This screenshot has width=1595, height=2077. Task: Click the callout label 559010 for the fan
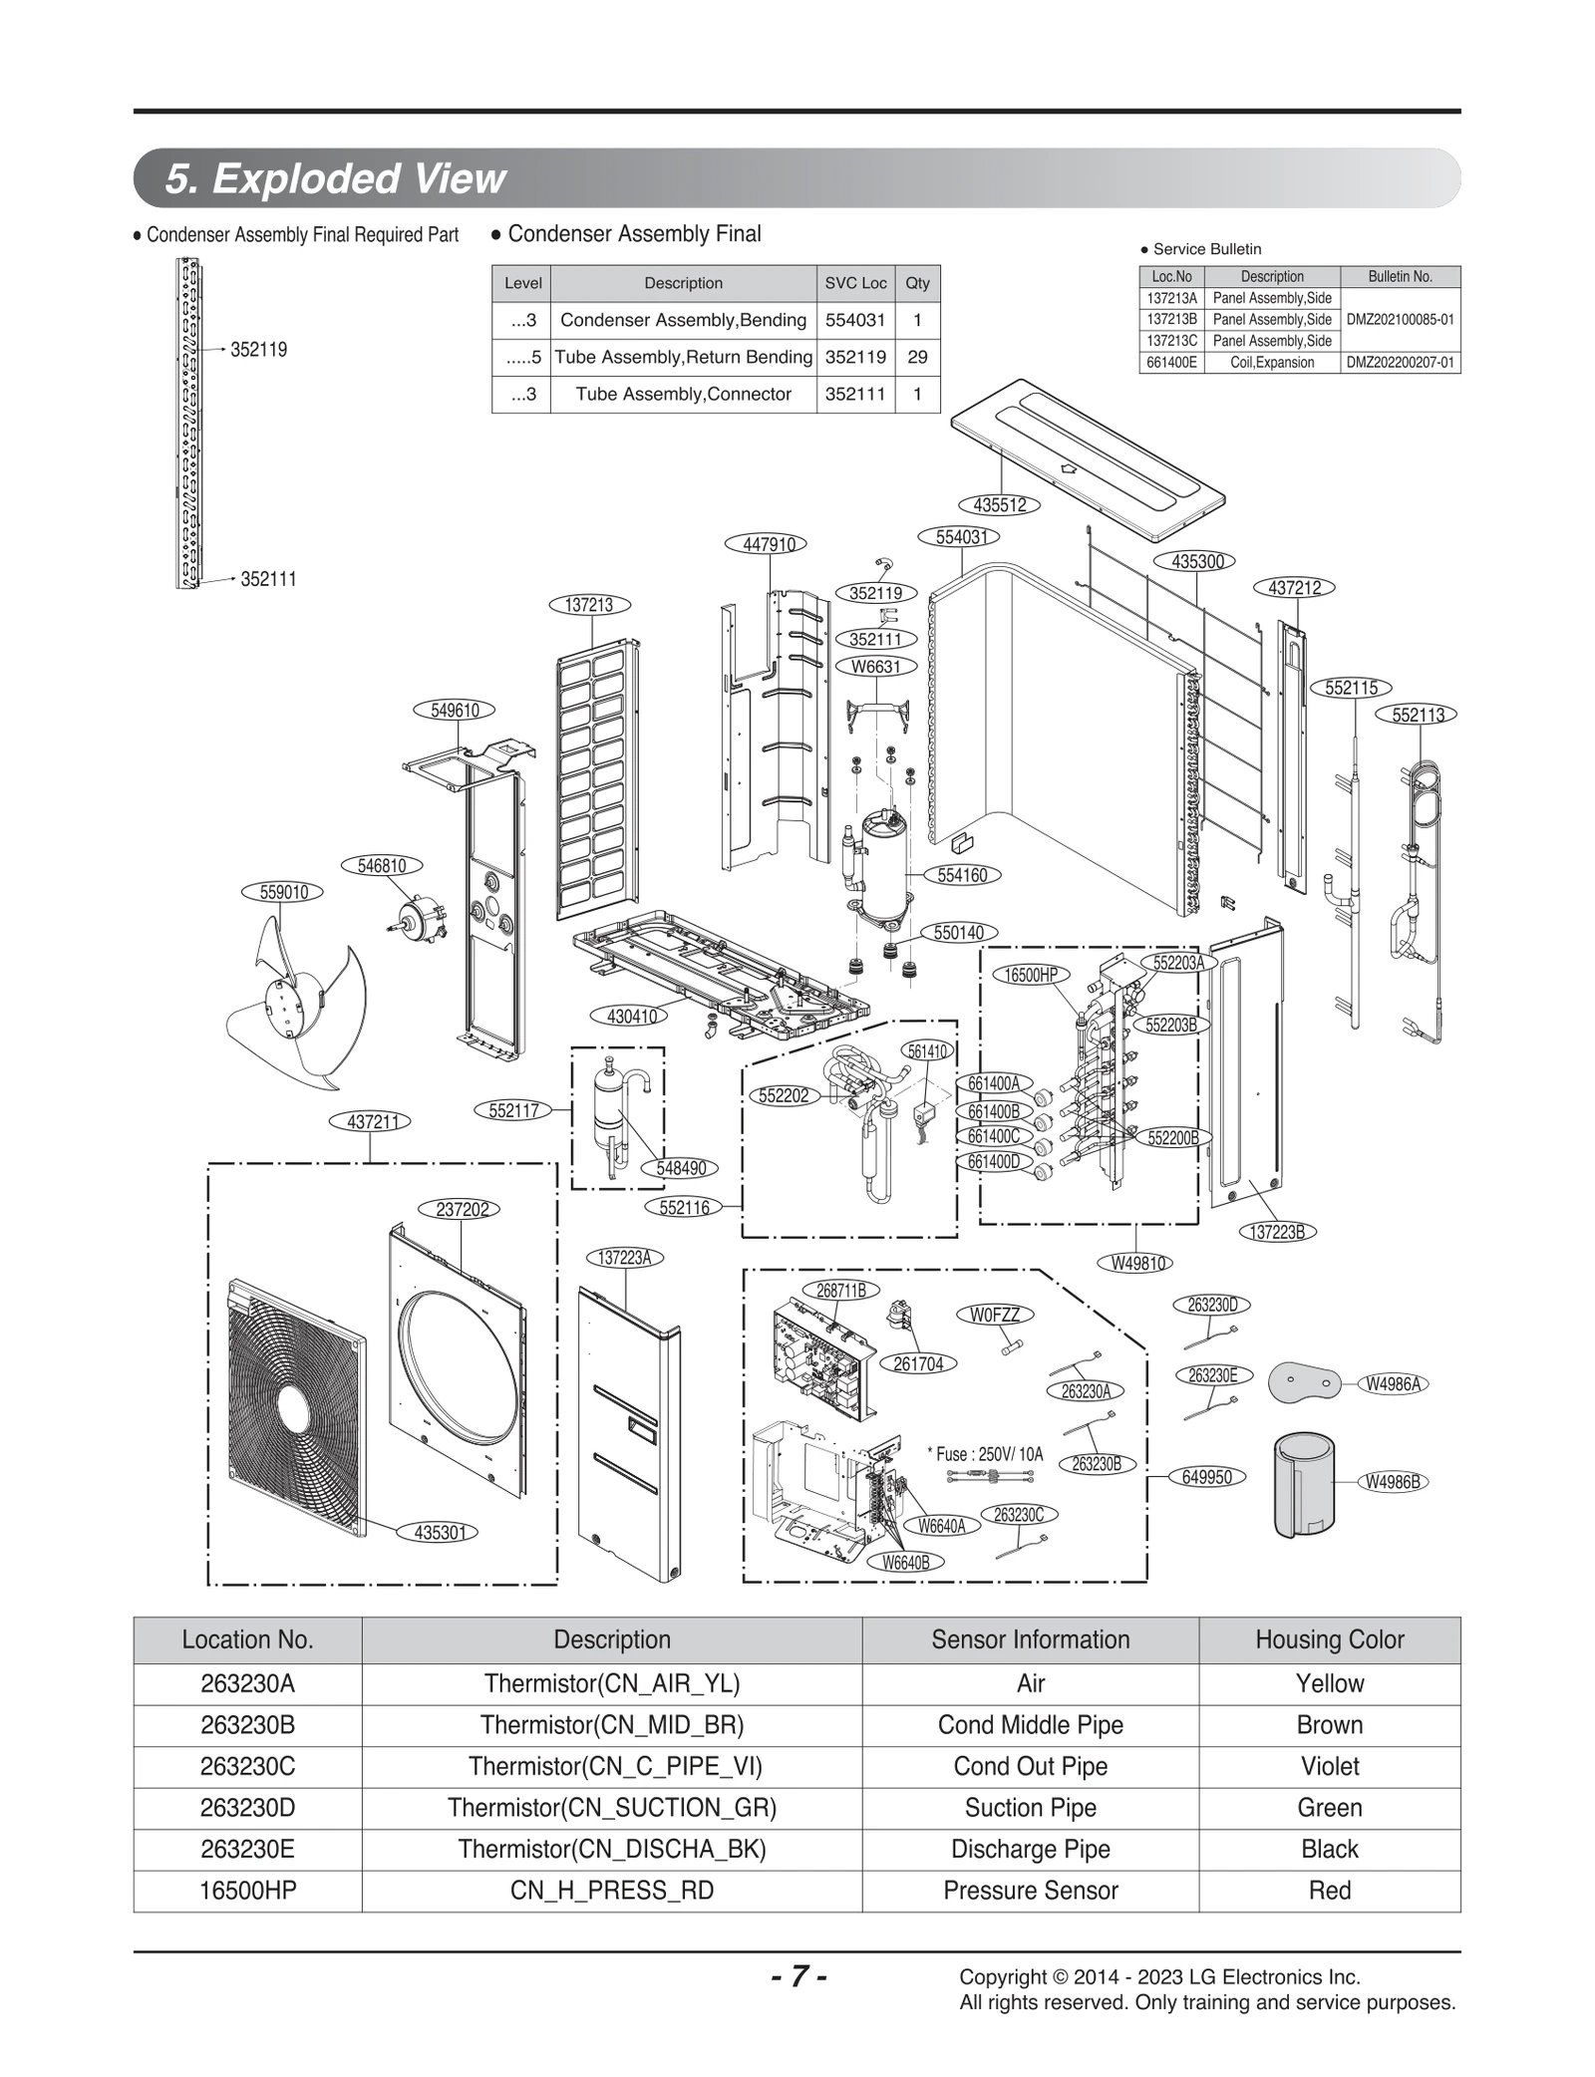click(x=284, y=892)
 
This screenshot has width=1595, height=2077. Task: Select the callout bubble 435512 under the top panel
click(x=999, y=505)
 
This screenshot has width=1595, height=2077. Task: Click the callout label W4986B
click(x=1393, y=1482)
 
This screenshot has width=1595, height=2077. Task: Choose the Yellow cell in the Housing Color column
click(x=1329, y=1683)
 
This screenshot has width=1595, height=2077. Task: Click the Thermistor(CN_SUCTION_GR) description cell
click(x=611, y=1808)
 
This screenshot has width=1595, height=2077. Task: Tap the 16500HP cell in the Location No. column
click(x=247, y=1891)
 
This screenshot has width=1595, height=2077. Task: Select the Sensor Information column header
click(x=1030, y=1639)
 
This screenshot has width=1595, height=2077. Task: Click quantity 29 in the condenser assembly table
click(x=917, y=357)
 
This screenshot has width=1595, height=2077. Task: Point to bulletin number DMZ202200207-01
click(x=1400, y=363)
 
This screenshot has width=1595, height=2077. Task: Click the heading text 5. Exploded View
click(x=335, y=178)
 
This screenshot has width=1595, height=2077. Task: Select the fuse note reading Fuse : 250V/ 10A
click(x=989, y=1454)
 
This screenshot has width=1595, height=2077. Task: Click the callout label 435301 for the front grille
click(x=440, y=1533)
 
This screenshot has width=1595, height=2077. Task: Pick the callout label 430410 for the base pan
click(x=632, y=1017)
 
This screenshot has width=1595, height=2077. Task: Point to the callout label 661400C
click(x=993, y=1136)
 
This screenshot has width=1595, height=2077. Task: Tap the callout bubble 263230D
click(x=1212, y=1305)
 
